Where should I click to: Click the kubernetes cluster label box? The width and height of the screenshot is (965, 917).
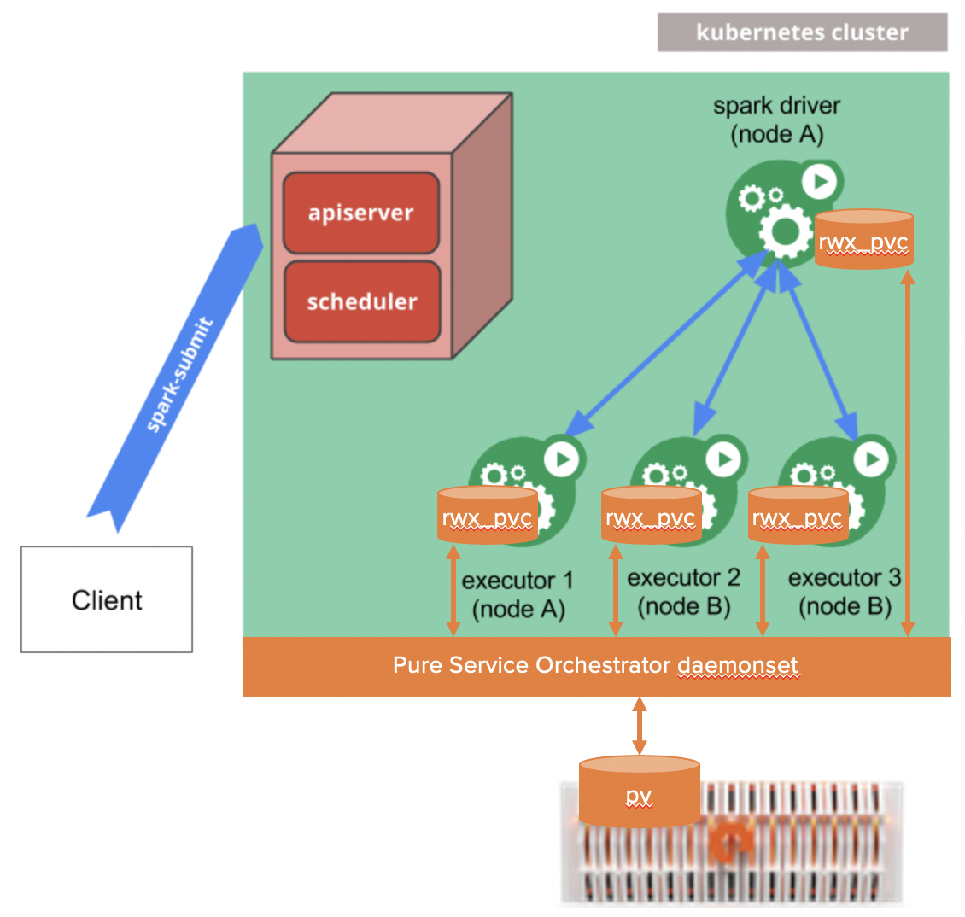(802, 32)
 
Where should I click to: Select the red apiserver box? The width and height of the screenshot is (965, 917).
(361, 213)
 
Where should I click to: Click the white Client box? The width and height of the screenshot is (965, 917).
(107, 599)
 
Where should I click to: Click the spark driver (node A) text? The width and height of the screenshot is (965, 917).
(776, 120)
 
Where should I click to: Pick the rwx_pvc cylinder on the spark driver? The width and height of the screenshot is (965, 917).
(863, 240)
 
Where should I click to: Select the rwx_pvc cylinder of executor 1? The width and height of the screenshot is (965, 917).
(487, 516)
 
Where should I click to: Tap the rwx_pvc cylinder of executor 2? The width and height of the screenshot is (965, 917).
(651, 516)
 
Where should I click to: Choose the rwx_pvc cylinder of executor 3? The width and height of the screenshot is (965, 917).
(798, 516)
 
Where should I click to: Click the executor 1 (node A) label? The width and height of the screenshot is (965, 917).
(518, 594)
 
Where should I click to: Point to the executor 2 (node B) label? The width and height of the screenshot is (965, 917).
(683, 592)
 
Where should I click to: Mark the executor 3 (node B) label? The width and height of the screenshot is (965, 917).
(845, 592)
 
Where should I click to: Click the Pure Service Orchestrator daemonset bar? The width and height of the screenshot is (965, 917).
(596, 666)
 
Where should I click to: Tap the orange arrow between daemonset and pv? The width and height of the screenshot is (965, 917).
(639, 726)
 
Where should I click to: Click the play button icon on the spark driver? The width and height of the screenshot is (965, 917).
(820, 181)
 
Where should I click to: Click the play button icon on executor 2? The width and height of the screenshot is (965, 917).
(725, 459)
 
